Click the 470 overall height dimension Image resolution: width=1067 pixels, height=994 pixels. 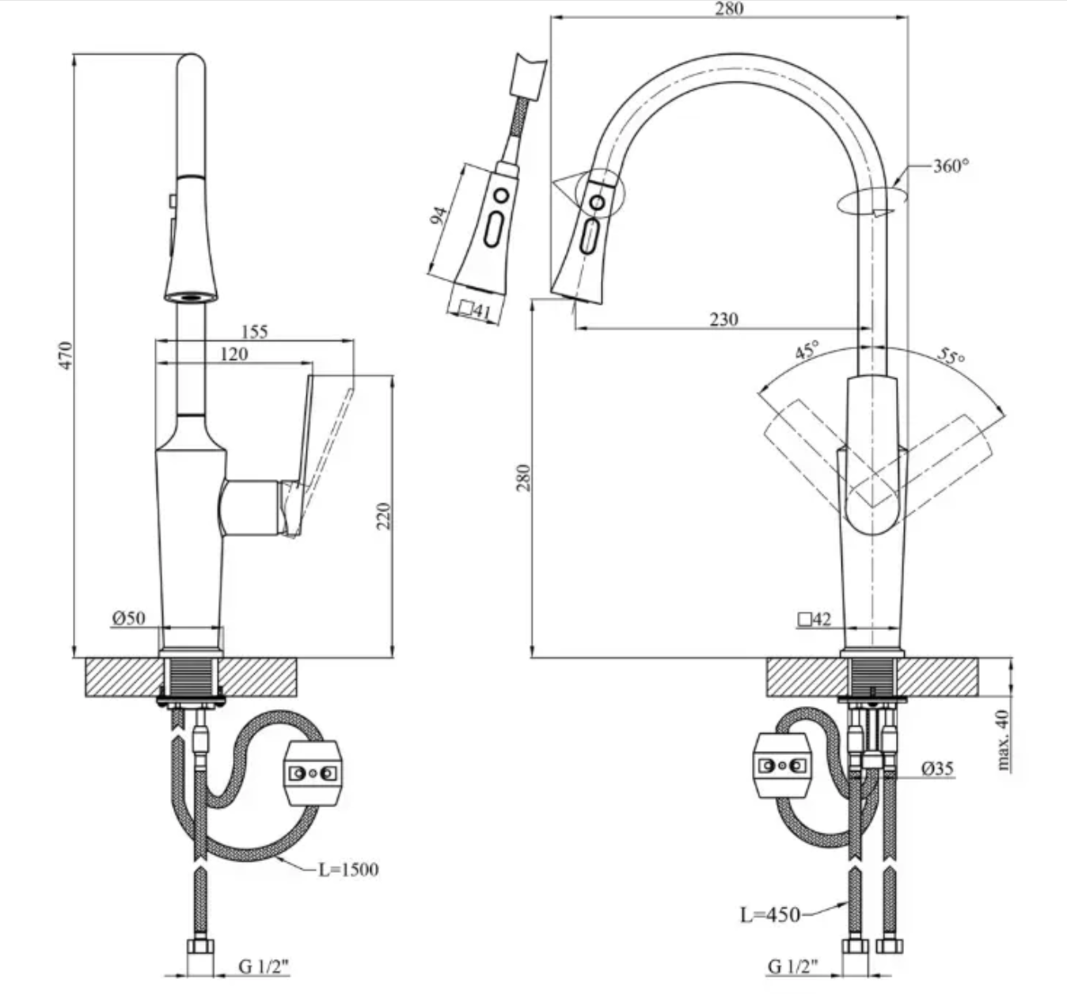pos(66,356)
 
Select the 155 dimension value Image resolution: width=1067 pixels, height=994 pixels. pos(254,332)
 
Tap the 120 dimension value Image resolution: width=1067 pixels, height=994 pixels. pos(234,354)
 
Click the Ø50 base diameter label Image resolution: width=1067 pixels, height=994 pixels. pos(129,618)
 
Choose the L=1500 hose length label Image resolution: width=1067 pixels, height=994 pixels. pos(348,870)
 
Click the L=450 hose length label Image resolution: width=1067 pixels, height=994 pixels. pos(770,915)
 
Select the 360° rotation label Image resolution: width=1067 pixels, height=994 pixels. pos(951,166)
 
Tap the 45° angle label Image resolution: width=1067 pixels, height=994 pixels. pos(807,351)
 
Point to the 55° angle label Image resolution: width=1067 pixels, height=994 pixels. pos(951,355)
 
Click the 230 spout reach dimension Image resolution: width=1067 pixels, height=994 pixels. pos(723,319)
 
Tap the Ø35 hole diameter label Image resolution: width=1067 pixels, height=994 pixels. pos(938,768)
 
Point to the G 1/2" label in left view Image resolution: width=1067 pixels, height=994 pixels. pos(264,966)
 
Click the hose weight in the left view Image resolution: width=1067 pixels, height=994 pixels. pos(314,772)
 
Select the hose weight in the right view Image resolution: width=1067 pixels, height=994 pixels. pos(782,766)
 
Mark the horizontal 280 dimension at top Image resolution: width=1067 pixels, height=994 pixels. pos(729,9)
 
